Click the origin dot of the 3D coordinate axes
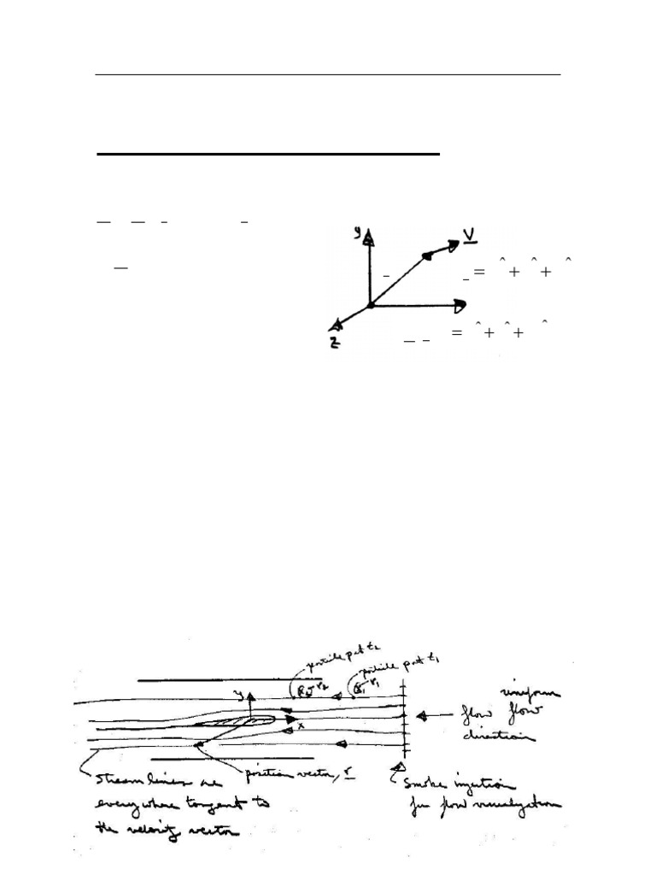[370, 305]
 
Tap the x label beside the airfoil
[301, 726]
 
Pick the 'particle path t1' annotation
[395, 667]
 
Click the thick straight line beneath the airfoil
[244, 758]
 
